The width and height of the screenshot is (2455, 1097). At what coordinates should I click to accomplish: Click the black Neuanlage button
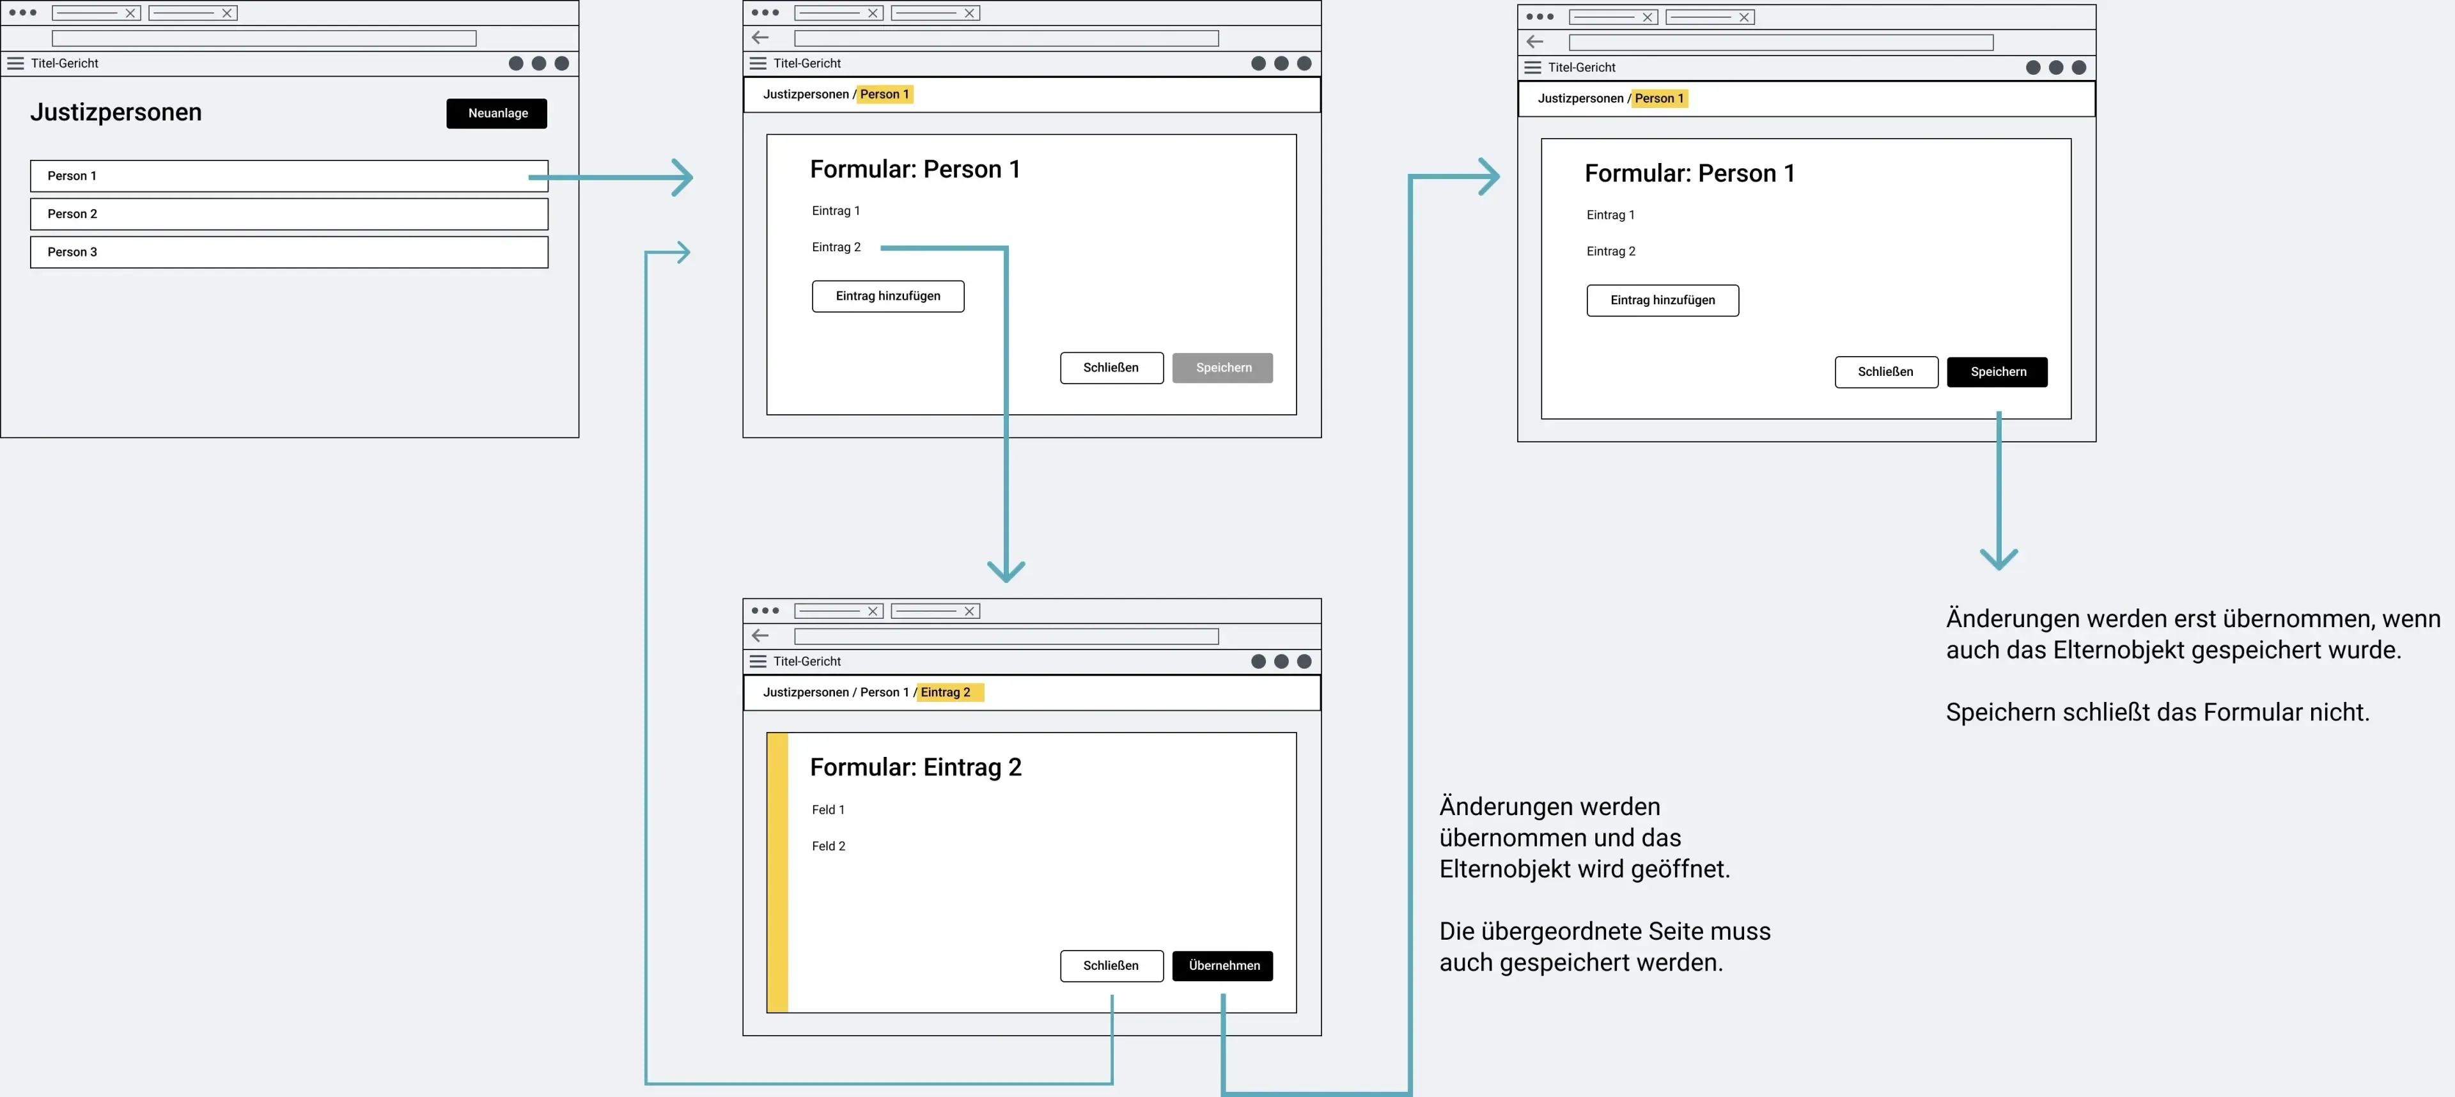(x=497, y=113)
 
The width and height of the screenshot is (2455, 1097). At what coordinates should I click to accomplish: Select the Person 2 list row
(x=289, y=214)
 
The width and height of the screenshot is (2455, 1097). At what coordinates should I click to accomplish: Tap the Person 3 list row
(x=289, y=253)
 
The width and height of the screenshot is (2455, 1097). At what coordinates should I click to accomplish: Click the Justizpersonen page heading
(x=116, y=113)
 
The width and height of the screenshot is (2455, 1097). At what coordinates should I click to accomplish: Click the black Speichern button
(x=1997, y=371)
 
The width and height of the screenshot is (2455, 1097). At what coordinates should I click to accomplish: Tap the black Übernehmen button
(x=1223, y=965)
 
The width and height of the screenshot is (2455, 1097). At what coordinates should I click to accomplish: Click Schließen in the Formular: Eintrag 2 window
(x=1111, y=965)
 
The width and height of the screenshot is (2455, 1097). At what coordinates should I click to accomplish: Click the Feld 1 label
(x=828, y=810)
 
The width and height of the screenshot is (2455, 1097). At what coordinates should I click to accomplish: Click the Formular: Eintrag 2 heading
(x=915, y=767)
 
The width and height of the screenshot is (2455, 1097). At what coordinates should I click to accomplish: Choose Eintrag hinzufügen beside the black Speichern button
(x=1663, y=300)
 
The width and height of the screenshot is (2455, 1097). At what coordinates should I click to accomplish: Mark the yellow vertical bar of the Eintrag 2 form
(x=777, y=872)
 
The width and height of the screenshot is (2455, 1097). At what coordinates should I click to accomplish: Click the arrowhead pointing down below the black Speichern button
(x=1999, y=559)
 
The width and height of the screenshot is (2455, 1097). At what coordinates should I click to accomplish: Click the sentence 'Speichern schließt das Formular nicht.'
(x=2156, y=713)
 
